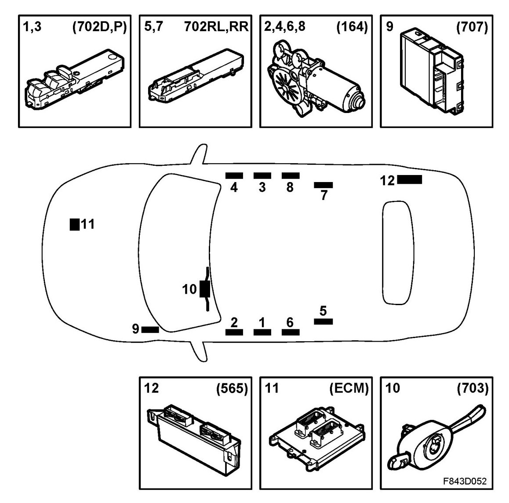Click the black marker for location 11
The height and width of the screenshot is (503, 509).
pos(75,224)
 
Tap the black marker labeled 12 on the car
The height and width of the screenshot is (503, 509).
pos(409,179)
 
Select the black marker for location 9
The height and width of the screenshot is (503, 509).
pos(150,329)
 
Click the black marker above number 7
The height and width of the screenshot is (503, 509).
pos(323,185)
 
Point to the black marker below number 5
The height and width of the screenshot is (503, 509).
pos(323,321)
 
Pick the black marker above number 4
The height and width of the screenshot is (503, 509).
pos(234,175)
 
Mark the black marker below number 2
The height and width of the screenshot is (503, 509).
pos(234,332)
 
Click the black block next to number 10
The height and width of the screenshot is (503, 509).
pos(204,289)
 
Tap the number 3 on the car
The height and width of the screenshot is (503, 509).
pos(262,187)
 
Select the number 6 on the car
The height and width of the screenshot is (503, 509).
pos(290,322)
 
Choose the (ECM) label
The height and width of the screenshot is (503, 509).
pos(349,388)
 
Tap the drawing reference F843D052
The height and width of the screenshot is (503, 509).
pos(466,481)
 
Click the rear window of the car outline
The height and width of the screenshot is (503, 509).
pos(397,252)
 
